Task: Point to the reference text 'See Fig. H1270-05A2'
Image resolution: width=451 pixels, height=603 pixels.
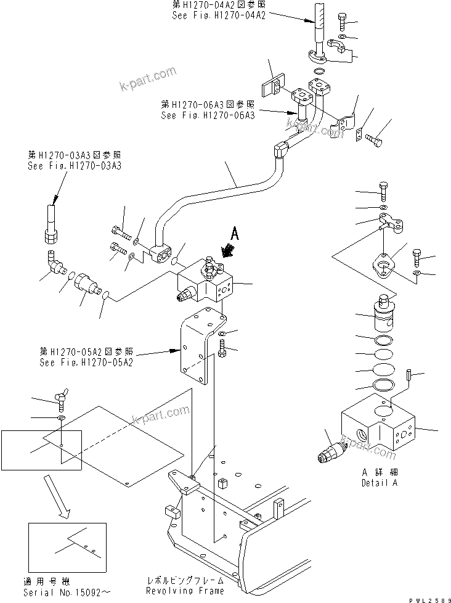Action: pos(86,361)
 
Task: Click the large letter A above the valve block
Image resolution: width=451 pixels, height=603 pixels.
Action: pos(234,234)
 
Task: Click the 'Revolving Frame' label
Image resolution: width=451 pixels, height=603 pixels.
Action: pos(184,590)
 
